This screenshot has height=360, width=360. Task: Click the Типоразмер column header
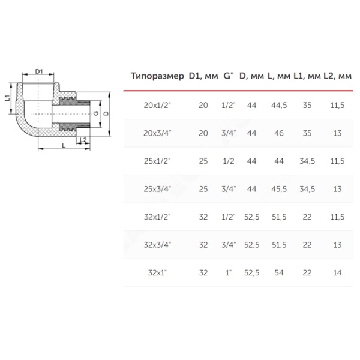157,76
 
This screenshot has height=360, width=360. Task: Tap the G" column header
229,76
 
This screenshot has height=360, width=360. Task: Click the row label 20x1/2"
157,105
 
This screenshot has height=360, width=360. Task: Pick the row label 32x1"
157,273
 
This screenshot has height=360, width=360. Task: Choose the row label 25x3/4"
157,189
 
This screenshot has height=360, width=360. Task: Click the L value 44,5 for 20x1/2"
279,105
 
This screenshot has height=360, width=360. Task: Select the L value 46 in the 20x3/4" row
279,133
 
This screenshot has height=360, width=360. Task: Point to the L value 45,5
279,189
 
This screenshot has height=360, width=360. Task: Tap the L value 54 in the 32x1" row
279,273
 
